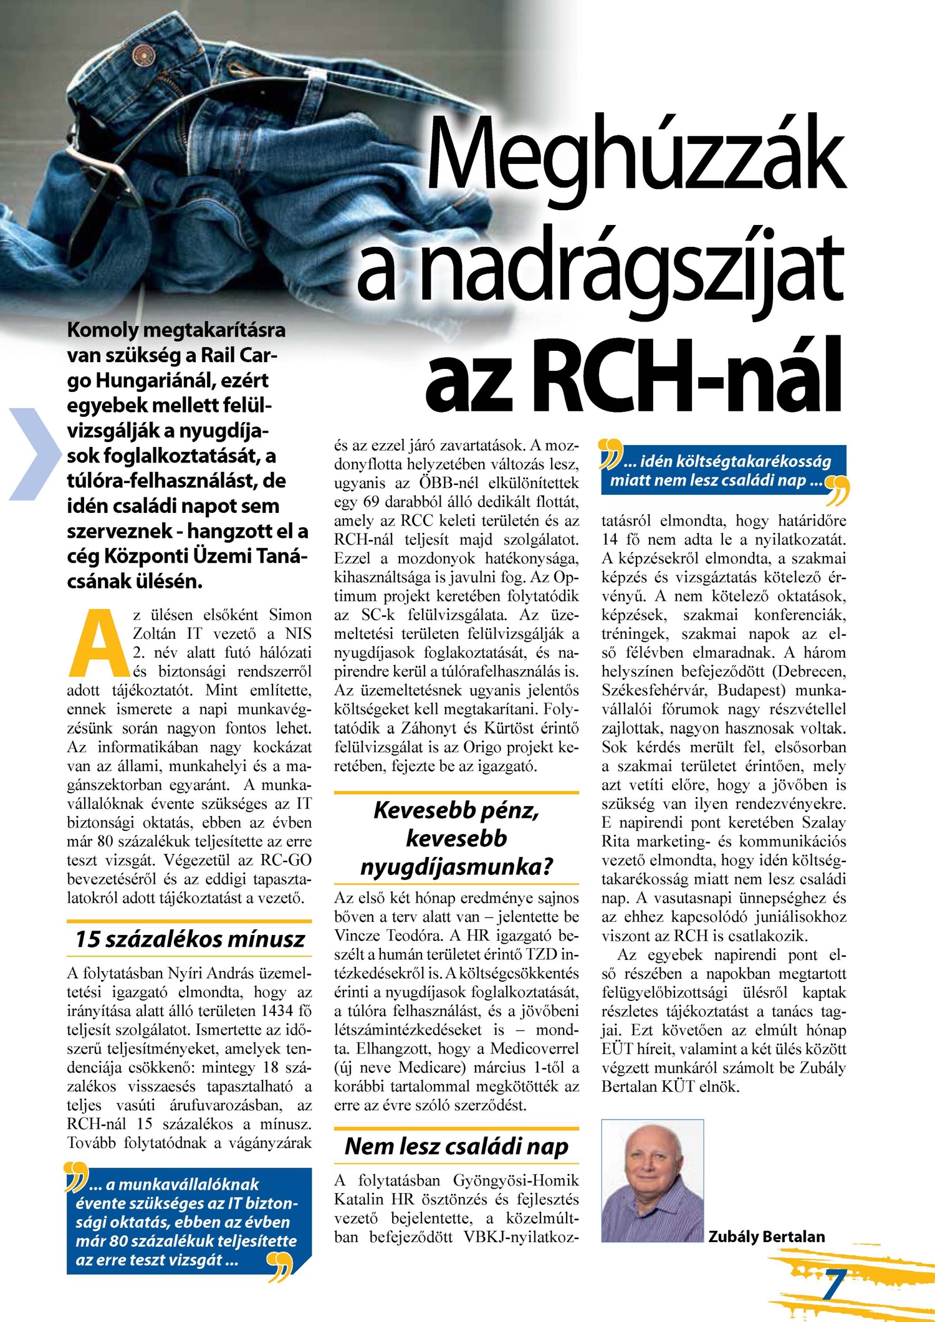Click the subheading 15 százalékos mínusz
190,939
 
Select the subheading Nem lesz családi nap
456,1146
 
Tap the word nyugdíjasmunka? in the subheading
456,866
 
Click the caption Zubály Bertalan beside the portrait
766,1237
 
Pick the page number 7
833,1284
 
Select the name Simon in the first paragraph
290,615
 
